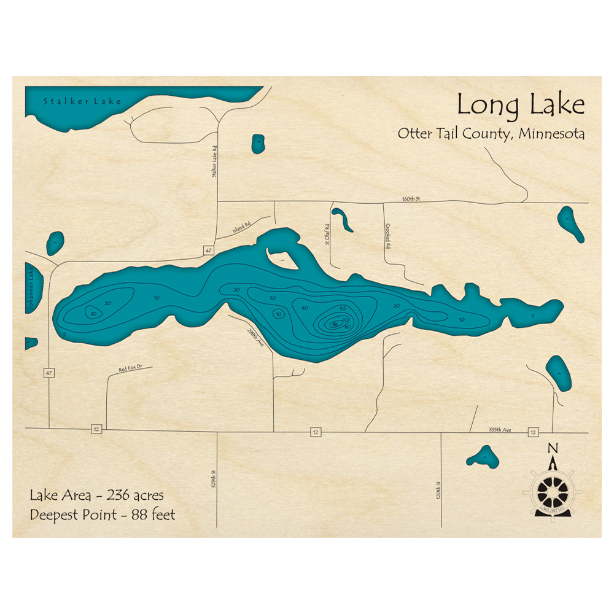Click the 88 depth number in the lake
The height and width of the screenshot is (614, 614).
tap(334, 324)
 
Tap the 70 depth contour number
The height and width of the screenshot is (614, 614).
tap(345, 320)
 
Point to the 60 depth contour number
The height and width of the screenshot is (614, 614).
tap(348, 327)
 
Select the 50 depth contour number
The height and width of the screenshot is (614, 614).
tap(343, 308)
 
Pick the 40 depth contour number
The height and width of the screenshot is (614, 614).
tap(305, 308)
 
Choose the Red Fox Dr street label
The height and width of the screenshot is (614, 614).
tap(131, 369)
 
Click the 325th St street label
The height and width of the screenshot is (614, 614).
tap(214, 479)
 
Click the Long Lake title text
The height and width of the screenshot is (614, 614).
tap(520, 105)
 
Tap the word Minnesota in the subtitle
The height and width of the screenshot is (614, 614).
tap(551, 134)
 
